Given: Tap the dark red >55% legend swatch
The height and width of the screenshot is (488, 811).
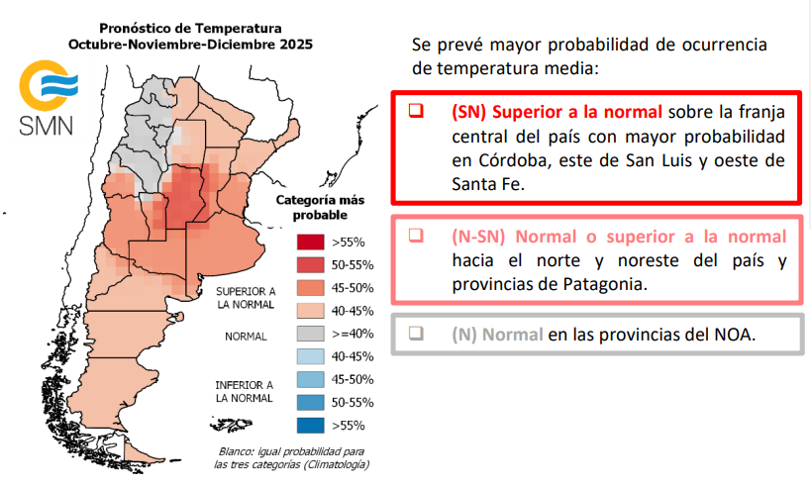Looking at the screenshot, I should point(310,241).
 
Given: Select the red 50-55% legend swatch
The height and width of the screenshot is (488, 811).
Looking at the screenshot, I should point(310,264).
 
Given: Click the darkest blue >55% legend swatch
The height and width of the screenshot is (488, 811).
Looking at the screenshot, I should point(310,426).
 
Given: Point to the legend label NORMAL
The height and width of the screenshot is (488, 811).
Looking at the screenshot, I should point(246,336).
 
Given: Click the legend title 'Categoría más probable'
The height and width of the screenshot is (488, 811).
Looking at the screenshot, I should point(311,207).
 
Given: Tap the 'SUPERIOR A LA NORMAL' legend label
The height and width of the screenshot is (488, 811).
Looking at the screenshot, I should point(246,298).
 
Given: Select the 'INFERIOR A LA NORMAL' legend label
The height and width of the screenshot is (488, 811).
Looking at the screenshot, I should point(246,390).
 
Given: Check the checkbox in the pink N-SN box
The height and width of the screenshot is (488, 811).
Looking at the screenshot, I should point(417,236).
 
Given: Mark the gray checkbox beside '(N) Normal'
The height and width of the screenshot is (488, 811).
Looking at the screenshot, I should point(417,334).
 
